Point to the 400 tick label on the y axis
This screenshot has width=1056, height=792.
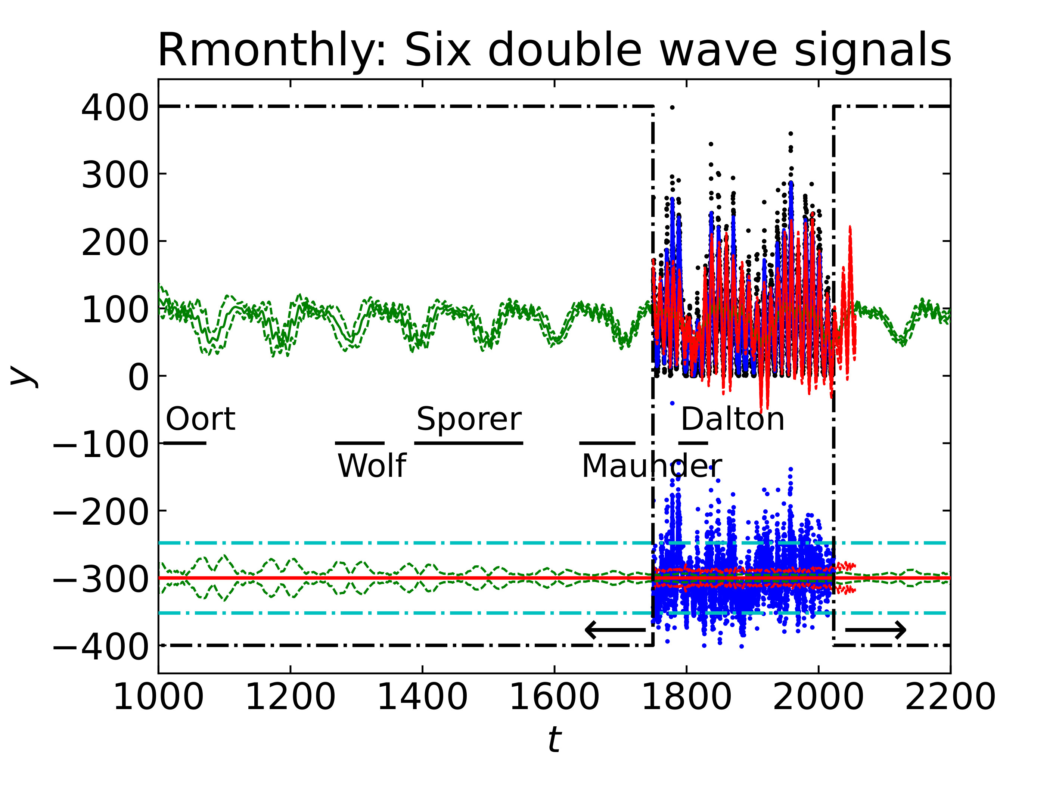(115, 108)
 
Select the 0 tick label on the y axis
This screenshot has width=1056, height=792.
(139, 378)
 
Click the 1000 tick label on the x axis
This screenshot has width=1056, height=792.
(158, 698)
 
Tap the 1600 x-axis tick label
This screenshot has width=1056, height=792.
(554, 698)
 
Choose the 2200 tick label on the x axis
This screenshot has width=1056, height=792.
(950, 698)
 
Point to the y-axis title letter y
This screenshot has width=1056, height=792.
(23, 375)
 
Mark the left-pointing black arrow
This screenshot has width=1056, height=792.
(615, 630)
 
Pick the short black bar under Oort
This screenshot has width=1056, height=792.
(185, 443)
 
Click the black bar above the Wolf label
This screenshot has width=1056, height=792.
(360, 443)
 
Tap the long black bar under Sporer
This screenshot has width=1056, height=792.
(469, 443)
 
